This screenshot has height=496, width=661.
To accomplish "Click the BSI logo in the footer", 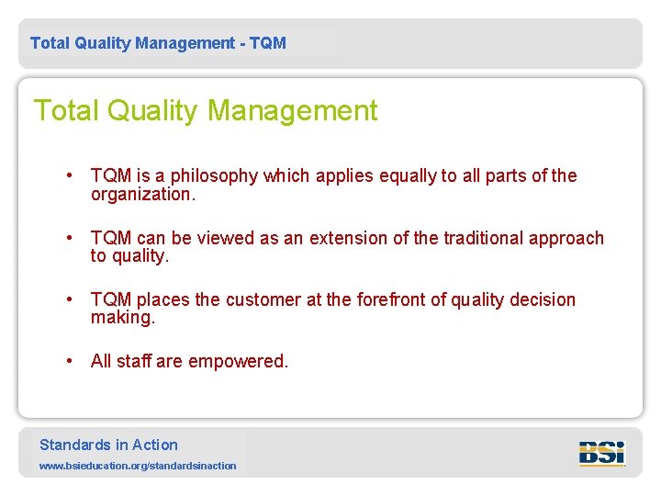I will pyautogui.click(x=601, y=453).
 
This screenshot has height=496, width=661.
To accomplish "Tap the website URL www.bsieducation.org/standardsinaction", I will pyautogui.click(x=138, y=466).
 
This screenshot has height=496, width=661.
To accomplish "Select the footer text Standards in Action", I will pyautogui.click(x=108, y=445).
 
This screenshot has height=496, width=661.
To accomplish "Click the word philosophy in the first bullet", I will pyautogui.click(x=214, y=176).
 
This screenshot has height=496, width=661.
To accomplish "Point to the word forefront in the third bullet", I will pyautogui.click(x=400, y=299).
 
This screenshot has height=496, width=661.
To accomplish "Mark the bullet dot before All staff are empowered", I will pyautogui.click(x=70, y=361).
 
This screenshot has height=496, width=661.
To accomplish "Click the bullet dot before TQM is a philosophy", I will pyautogui.click(x=70, y=176).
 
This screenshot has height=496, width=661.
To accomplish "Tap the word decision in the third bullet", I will pyautogui.click(x=543, y=299).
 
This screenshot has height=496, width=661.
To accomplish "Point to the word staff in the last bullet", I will pyautogui.click(x=133, y=361).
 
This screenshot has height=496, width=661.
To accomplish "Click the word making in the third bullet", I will pyautogui.click(x=121, y=318).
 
